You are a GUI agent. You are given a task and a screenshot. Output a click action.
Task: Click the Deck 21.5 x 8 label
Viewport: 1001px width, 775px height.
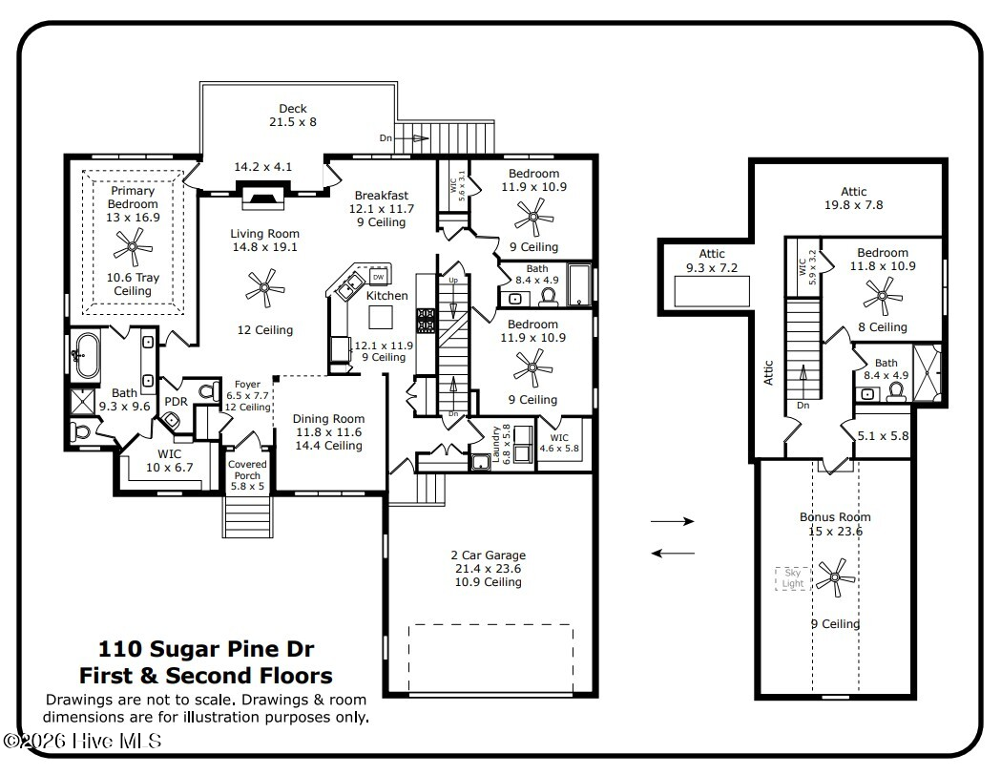tap(292, 115)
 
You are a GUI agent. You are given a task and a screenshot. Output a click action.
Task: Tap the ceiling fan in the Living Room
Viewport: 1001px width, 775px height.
tap(265, 288)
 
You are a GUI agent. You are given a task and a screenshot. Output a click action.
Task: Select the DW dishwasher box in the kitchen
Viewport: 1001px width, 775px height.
tap(378, 277)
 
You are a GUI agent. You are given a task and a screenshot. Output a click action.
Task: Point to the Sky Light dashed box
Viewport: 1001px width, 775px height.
tap(792, 578)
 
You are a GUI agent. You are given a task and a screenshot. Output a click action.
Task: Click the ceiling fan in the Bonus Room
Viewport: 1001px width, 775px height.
tap(835, 577)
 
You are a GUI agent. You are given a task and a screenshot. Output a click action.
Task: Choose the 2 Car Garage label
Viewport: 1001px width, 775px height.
tap(489, 568)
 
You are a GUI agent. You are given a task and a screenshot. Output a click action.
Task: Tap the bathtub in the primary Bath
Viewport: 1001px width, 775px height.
tap(84, 354)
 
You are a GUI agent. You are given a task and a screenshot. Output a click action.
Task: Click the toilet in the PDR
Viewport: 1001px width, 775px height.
tap(208, 390)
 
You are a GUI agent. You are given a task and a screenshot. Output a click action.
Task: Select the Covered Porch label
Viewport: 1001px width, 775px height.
tap(247, 475)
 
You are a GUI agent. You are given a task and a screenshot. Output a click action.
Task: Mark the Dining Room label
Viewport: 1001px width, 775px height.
tap(329, 432)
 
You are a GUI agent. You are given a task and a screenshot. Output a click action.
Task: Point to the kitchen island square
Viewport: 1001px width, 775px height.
tap(381, 317)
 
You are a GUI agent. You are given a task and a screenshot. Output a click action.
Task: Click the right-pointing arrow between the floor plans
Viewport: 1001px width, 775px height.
tap(672, 521)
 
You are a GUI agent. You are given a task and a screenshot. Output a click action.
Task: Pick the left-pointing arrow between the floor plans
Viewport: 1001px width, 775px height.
tap(673, 553)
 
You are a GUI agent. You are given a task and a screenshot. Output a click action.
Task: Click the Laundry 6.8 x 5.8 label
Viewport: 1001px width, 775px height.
tap(500, 443)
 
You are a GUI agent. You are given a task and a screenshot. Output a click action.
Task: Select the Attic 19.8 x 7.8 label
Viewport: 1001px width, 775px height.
tap(853, 198)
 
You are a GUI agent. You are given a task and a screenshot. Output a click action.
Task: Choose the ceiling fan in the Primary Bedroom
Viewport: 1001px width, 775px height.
tap(133, 247)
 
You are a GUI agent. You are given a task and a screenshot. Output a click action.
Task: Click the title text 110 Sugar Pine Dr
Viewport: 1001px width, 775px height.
tap(206, 649)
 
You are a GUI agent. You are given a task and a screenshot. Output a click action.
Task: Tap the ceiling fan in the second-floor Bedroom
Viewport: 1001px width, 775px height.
tap(883, 296)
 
